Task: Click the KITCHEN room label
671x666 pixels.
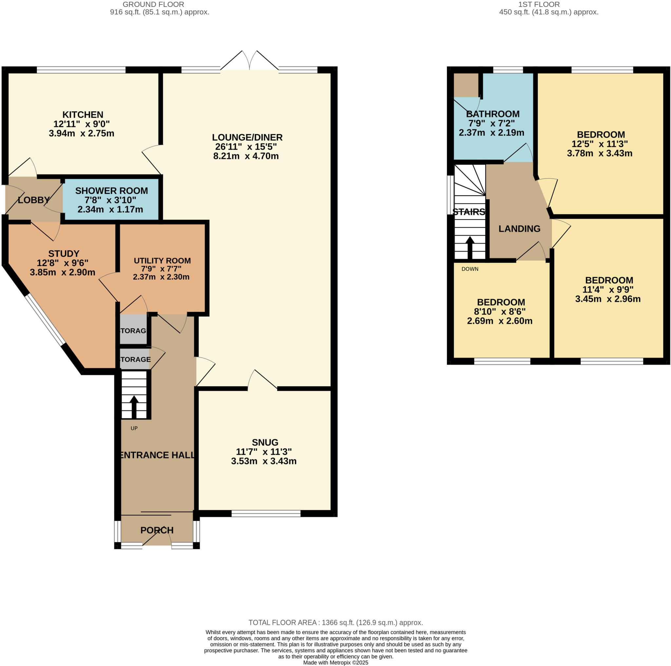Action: pyautogui.click(x=83, y=115)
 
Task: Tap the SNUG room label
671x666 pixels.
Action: pyautogui.click(x=265, y=442)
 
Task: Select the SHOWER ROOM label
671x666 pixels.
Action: pyautogui.click(x=111, y=191)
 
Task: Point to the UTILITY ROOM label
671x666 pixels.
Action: pyautogui.click(x=162, y=261)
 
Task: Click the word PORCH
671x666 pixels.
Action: pyautogui.click(x=157, y=530)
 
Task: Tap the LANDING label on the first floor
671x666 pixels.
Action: pyautogui.click(x=520, y=228)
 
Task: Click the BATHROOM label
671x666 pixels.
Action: pyautogui.click(x=493, y=114)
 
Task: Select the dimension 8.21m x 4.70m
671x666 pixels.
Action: pyautogui.click(x=246, y=156)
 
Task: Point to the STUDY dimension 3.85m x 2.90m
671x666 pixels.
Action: pyautogui.click(x=63, y=272)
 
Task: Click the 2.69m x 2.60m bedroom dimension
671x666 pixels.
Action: pyautogui.click(x=500, y=321)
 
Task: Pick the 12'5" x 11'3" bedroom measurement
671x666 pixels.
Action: pyautogui.click(x=600, y=144)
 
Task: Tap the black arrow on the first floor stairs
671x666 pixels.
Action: pyautogui.click(x=470, y=248)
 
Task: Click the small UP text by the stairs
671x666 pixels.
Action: pyautogui.click(x=134, y=428)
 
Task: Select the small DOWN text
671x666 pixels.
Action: pyautogui.click(x=470, y=269)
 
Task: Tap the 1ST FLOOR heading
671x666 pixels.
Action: pyautogui.click(x=539, y=5)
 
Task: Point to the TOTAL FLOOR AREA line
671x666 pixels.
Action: pyautogui.click(x=335, y=623)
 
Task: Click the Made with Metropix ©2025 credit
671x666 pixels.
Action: pyautogui.click(x=335, y=662)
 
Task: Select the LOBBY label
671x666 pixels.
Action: pyautogui.click(x=34, y=200)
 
